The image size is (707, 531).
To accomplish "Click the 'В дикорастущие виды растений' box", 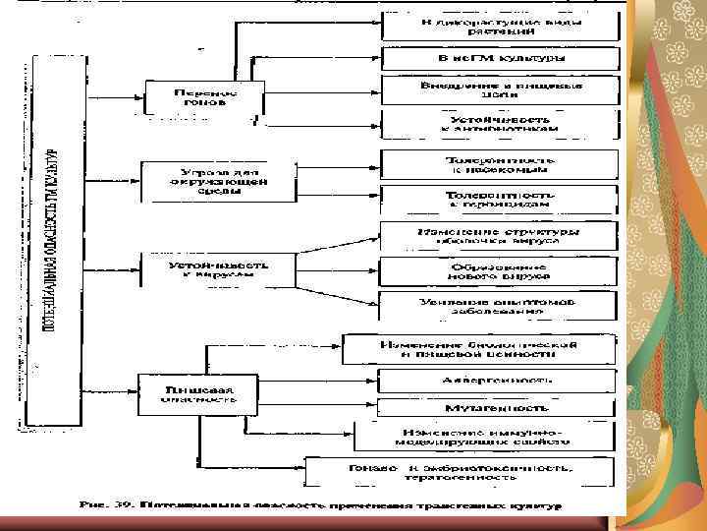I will (x=500, y=26).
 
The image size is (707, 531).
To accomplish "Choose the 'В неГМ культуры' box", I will (x=500, y=58).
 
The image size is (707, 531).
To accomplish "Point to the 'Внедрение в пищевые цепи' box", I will (x=500, y=89).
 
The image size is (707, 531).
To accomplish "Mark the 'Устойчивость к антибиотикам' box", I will (x=500, y=124).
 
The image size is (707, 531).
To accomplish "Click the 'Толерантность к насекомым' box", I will (x=500, y=165).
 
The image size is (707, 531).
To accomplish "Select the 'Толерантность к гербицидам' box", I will (x=500, y=202).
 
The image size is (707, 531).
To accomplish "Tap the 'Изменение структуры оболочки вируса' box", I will (x=500, y=237).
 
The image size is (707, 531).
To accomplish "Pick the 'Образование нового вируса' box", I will (x=500, y=272).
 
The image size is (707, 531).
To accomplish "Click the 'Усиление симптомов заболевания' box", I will (x=500, y=306).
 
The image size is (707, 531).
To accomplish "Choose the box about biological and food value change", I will (x=479, y=350).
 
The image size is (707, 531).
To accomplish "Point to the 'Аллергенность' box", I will (x=497, y=380).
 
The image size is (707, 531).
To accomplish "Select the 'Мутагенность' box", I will (x=497, y=405).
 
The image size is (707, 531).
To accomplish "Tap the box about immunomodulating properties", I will (x=486, y=437).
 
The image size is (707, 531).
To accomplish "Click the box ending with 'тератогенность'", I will (x=460, y=471).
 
